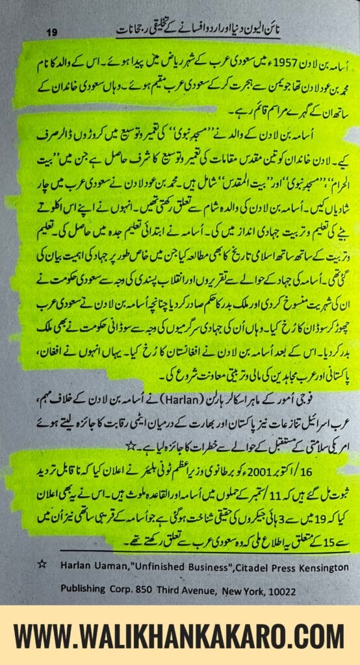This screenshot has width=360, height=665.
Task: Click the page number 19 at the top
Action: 53,32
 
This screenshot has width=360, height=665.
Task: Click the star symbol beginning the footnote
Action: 42,564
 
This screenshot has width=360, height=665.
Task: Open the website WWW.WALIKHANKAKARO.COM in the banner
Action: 180,636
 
